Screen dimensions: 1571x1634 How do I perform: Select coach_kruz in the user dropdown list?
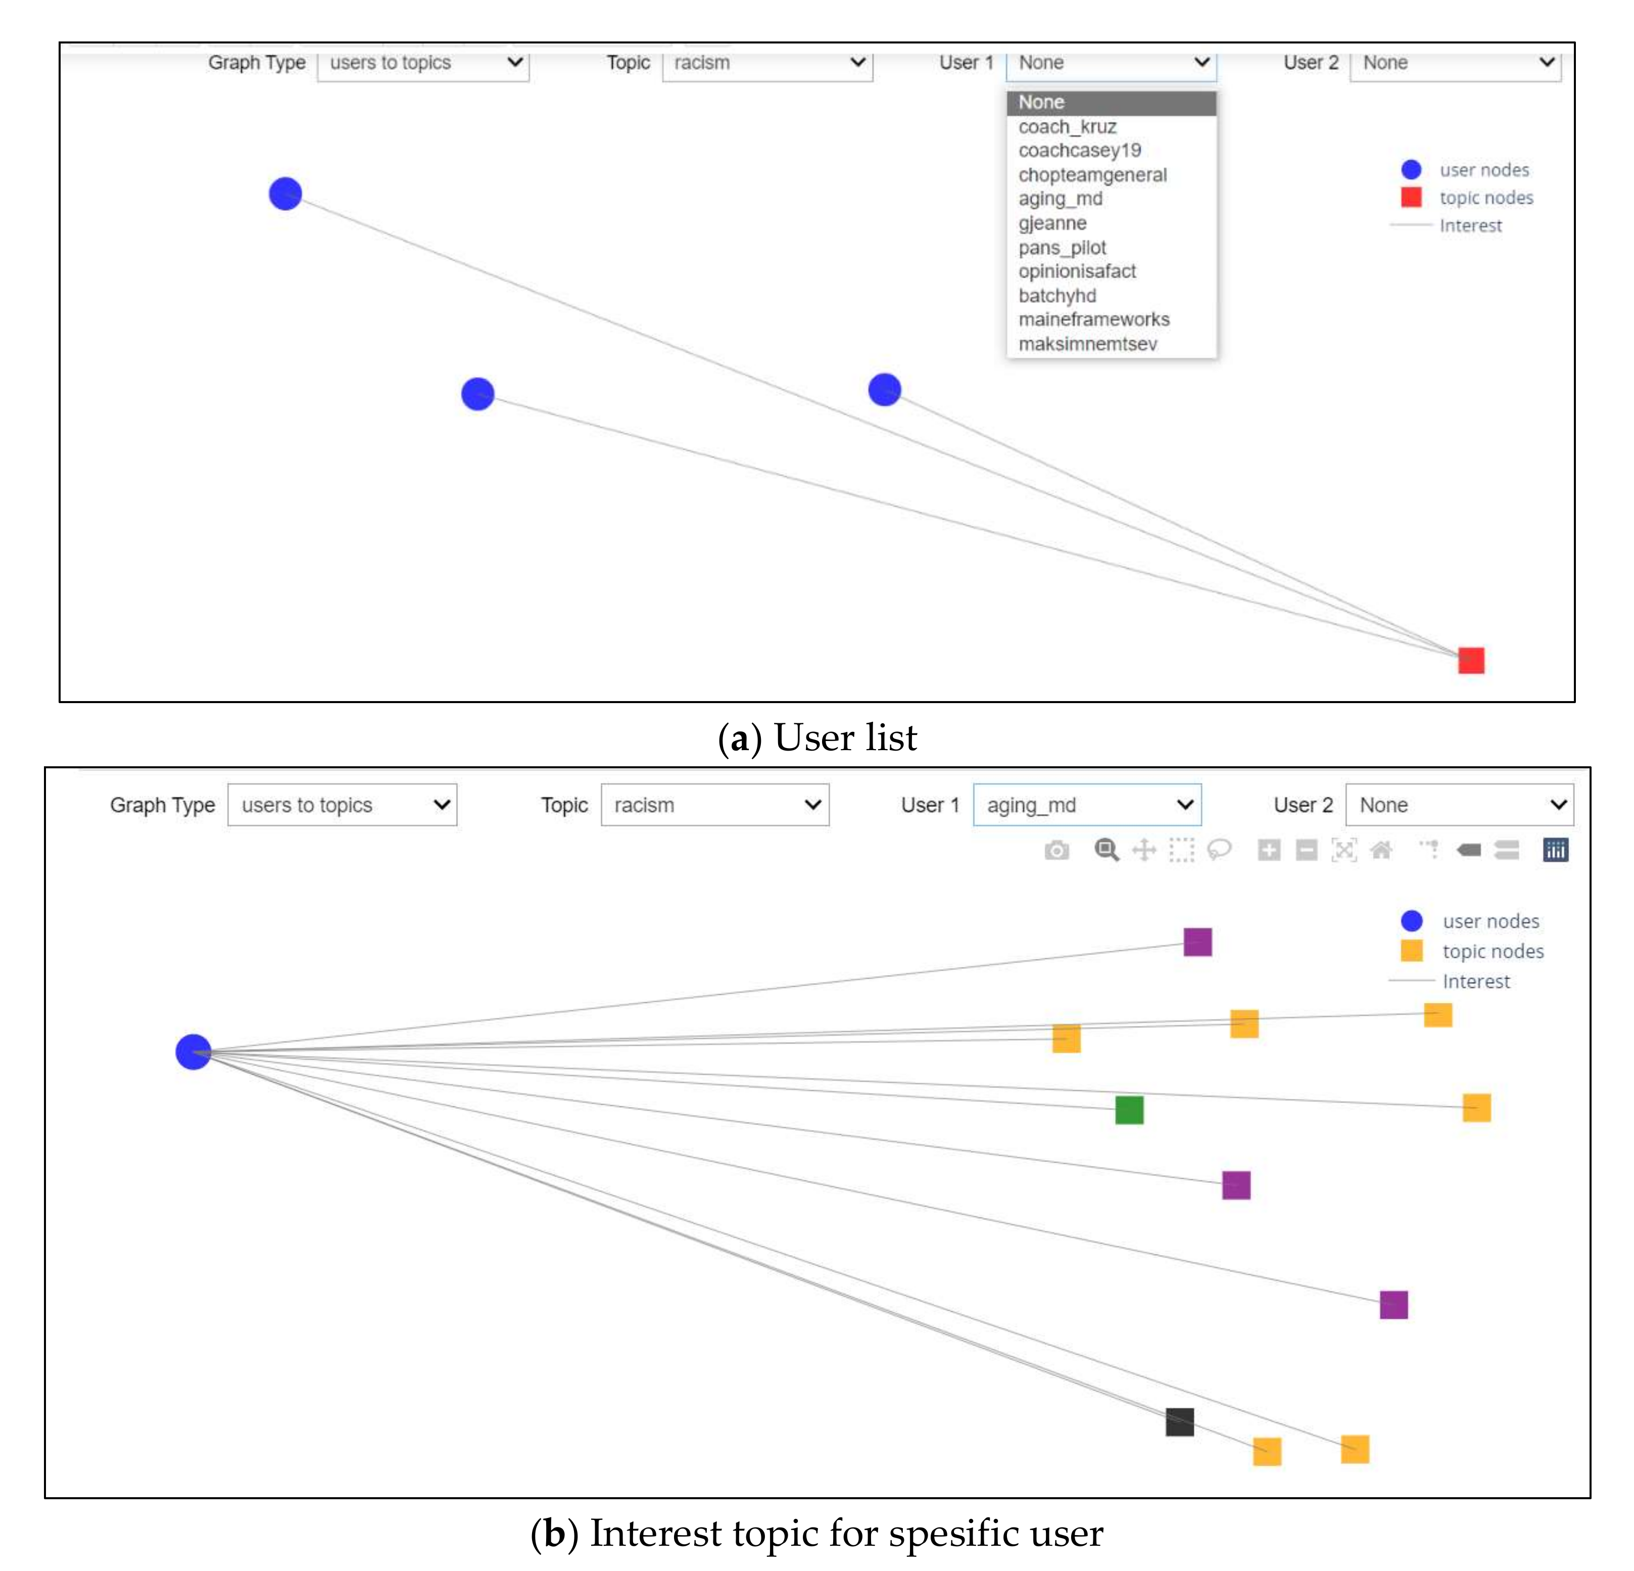click(x=1067, y=127)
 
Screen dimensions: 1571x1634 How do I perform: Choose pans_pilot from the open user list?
click(x=1062, y=248)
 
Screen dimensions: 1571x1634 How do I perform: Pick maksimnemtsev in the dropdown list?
click(x=1087, y=344)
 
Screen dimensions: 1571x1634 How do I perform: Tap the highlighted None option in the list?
click(x=1041, y=103)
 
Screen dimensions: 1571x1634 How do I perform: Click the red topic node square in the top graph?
click(x=1471, y=661)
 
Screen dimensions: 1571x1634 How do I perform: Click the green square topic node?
click(x=1129, y=1110)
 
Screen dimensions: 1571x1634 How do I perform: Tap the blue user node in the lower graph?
click(x=194, y=1051)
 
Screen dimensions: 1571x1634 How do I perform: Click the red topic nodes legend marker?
click(x=1411, y=198)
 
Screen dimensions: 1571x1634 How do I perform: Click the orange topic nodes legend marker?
click(x=1411, y=951)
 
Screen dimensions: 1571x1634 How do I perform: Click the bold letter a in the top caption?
click(x=738, y=739)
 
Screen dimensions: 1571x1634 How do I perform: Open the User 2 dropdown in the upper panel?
click(x=1455, y=63)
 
